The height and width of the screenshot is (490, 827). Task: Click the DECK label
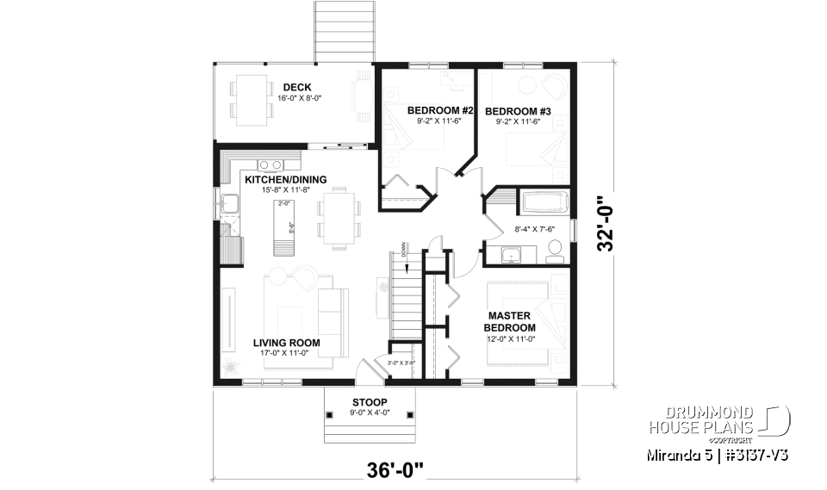(x=296, y=86)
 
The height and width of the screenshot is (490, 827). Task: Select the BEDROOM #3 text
(x=518, y=110)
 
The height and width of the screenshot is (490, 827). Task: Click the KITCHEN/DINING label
(x=285, y=179)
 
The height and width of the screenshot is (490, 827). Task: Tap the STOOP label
(x=370, y=402)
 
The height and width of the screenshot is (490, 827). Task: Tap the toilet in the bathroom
(x=556, y=251)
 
